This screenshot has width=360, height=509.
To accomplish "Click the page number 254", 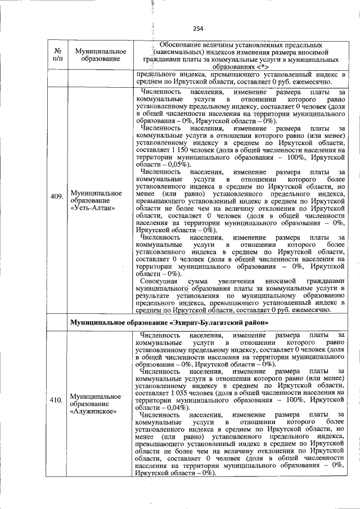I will [197, 29].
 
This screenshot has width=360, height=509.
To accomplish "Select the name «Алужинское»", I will [93, 411].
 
